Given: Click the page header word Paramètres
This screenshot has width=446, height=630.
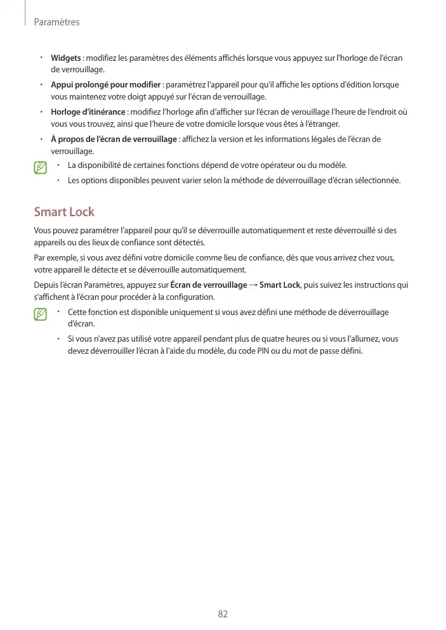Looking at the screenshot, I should point(56,22).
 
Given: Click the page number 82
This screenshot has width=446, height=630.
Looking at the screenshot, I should point(223,614).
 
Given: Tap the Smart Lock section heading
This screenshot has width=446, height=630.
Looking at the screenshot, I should point(64,211).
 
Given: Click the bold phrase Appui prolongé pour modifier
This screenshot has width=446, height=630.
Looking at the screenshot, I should point(105,85).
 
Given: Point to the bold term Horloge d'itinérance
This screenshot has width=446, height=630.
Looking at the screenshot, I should point(88,112).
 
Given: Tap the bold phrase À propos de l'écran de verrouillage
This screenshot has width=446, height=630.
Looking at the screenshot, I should point(114,139).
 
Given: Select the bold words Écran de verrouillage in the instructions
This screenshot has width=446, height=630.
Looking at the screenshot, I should point(209,285).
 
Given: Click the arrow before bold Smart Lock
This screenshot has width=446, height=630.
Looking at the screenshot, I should point(253,285).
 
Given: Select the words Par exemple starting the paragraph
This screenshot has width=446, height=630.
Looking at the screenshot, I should point(54,258).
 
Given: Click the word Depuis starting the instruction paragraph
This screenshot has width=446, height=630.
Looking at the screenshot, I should point(45,285).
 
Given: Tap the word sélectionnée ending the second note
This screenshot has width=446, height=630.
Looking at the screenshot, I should point(378,180).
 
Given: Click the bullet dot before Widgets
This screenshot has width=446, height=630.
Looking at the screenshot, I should point(40,58).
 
